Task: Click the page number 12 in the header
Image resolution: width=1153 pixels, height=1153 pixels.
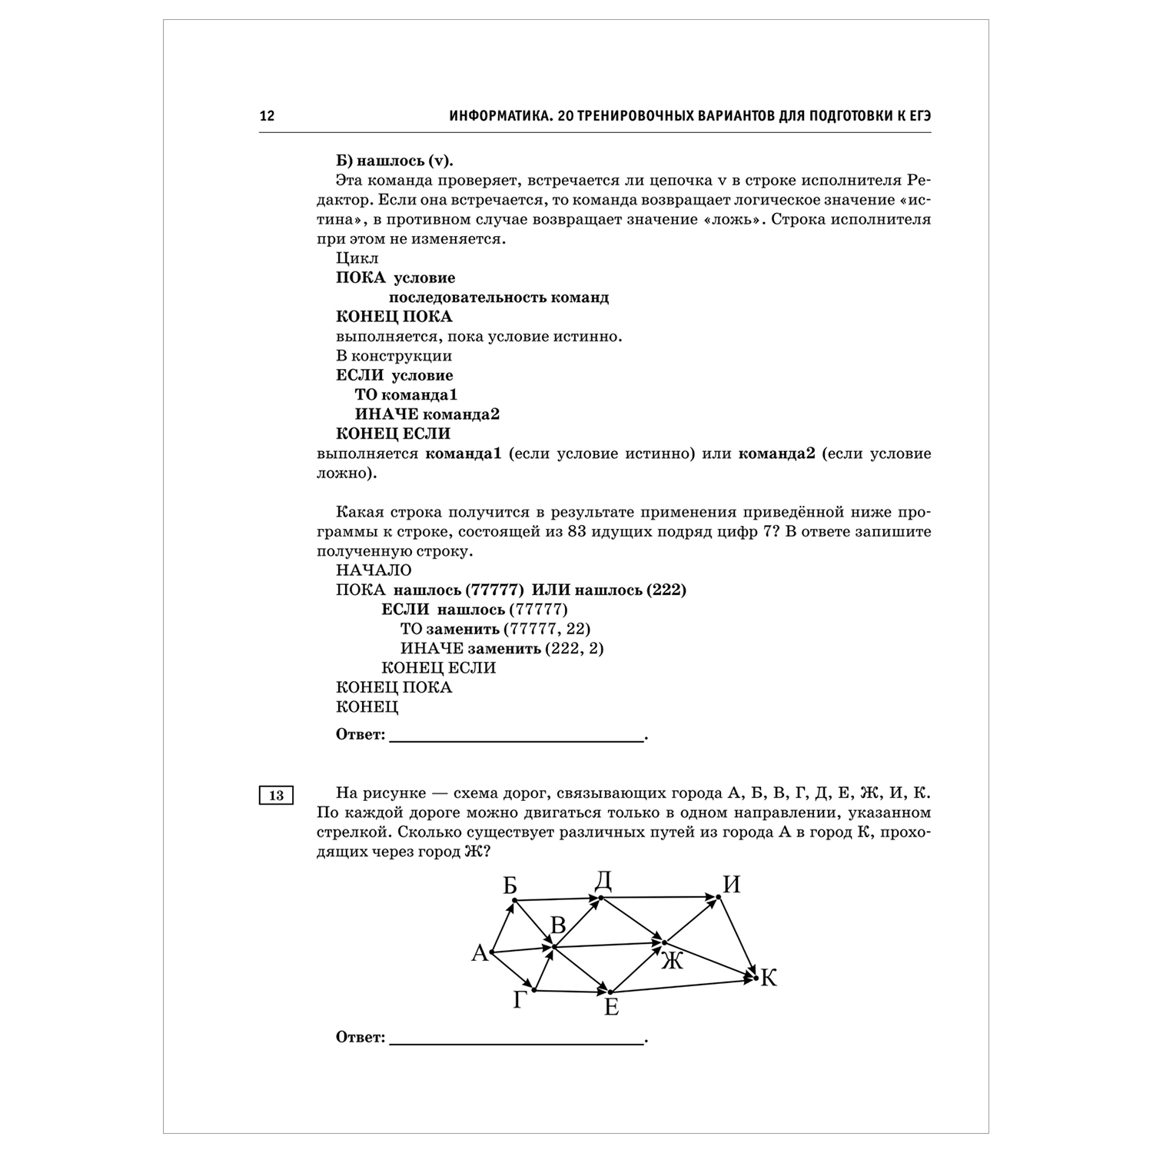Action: pos(267,117)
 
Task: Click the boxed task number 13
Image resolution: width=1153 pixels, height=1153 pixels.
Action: pos(276,796)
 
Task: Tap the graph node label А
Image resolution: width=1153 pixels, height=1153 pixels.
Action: pos(480,954)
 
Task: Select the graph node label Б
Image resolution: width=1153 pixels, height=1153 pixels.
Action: pos(510,886)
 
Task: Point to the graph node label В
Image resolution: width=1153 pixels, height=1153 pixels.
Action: pos(559,924)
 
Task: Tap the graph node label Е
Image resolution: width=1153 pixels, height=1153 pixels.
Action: pos(611,1007)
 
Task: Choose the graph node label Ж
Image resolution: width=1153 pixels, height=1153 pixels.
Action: pos(672,960)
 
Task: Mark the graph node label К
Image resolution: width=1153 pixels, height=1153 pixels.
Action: pos(769,978)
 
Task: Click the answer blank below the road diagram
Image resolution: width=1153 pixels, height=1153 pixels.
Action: pos(517,1041)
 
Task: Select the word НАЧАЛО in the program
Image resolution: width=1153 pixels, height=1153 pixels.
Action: pos(374,570)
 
